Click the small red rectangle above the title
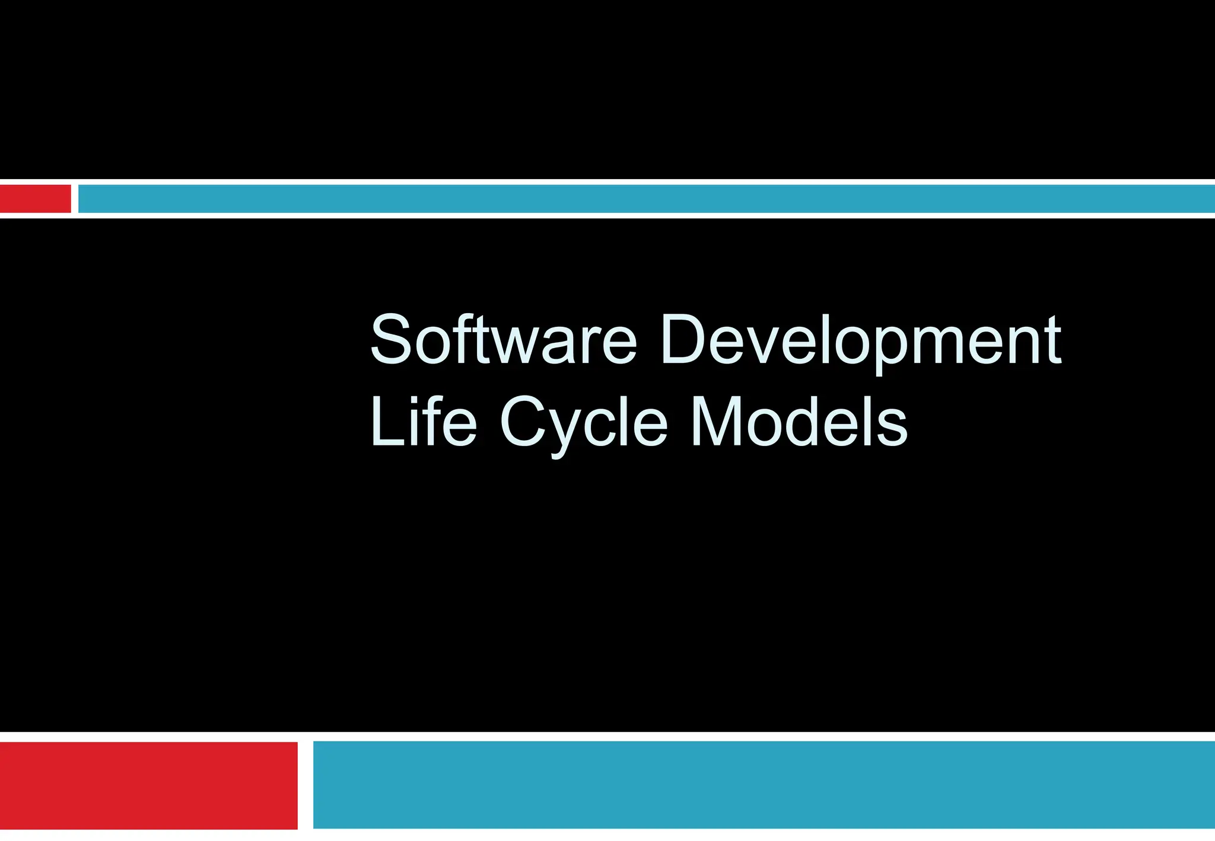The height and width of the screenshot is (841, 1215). (x=36, y=199)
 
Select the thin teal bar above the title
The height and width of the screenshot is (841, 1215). (x=647, y=199)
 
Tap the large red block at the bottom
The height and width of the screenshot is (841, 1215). (x=148, y=785)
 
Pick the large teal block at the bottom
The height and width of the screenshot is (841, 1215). (x=764, y=785)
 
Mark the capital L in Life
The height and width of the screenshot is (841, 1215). (x=383, y=422)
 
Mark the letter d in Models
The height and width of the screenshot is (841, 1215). (x=813, y=422)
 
